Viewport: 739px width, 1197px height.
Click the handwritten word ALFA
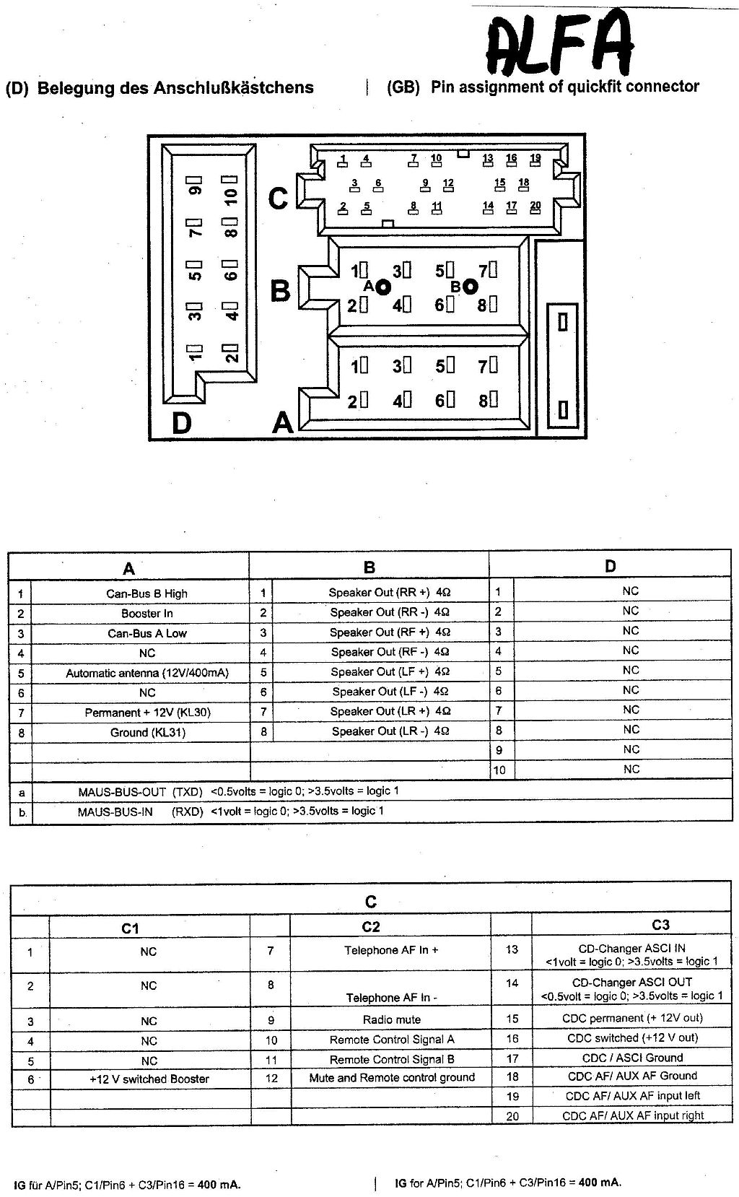tap(559, 43)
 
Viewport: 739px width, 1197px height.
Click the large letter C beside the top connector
tap(279, 199)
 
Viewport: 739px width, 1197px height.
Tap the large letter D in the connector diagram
tap(181, 423)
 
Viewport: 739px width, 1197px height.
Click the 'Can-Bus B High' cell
tap(147, 593)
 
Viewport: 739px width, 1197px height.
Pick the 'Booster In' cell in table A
tap(147, 614)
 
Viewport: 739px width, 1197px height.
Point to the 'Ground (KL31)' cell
tap(147, 732)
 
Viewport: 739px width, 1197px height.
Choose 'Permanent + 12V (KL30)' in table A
tap(147, 713)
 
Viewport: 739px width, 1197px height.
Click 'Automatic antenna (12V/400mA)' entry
tap(147, 673)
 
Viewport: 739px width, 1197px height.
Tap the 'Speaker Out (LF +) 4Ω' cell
tap(390, 671)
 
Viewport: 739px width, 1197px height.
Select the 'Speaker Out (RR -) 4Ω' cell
tap(390, 612)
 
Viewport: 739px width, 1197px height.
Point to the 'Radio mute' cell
tap(391, 1019)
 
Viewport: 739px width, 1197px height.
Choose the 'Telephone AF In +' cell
tap(391, 950)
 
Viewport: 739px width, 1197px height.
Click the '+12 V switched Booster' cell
tap(149, 1079)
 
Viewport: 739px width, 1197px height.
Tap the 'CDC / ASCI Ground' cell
tap(632, 1058)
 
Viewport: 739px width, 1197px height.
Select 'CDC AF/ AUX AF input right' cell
tap(633, 1115)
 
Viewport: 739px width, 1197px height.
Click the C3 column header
tap(660, 925)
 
